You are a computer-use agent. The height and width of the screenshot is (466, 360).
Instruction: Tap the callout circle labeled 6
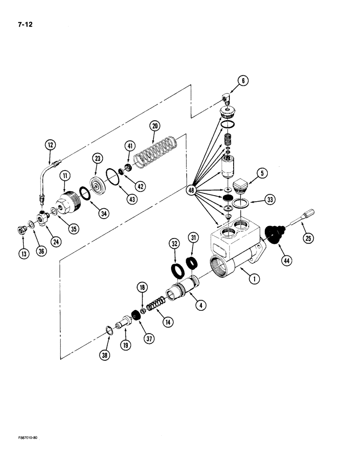coord(243,81)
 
